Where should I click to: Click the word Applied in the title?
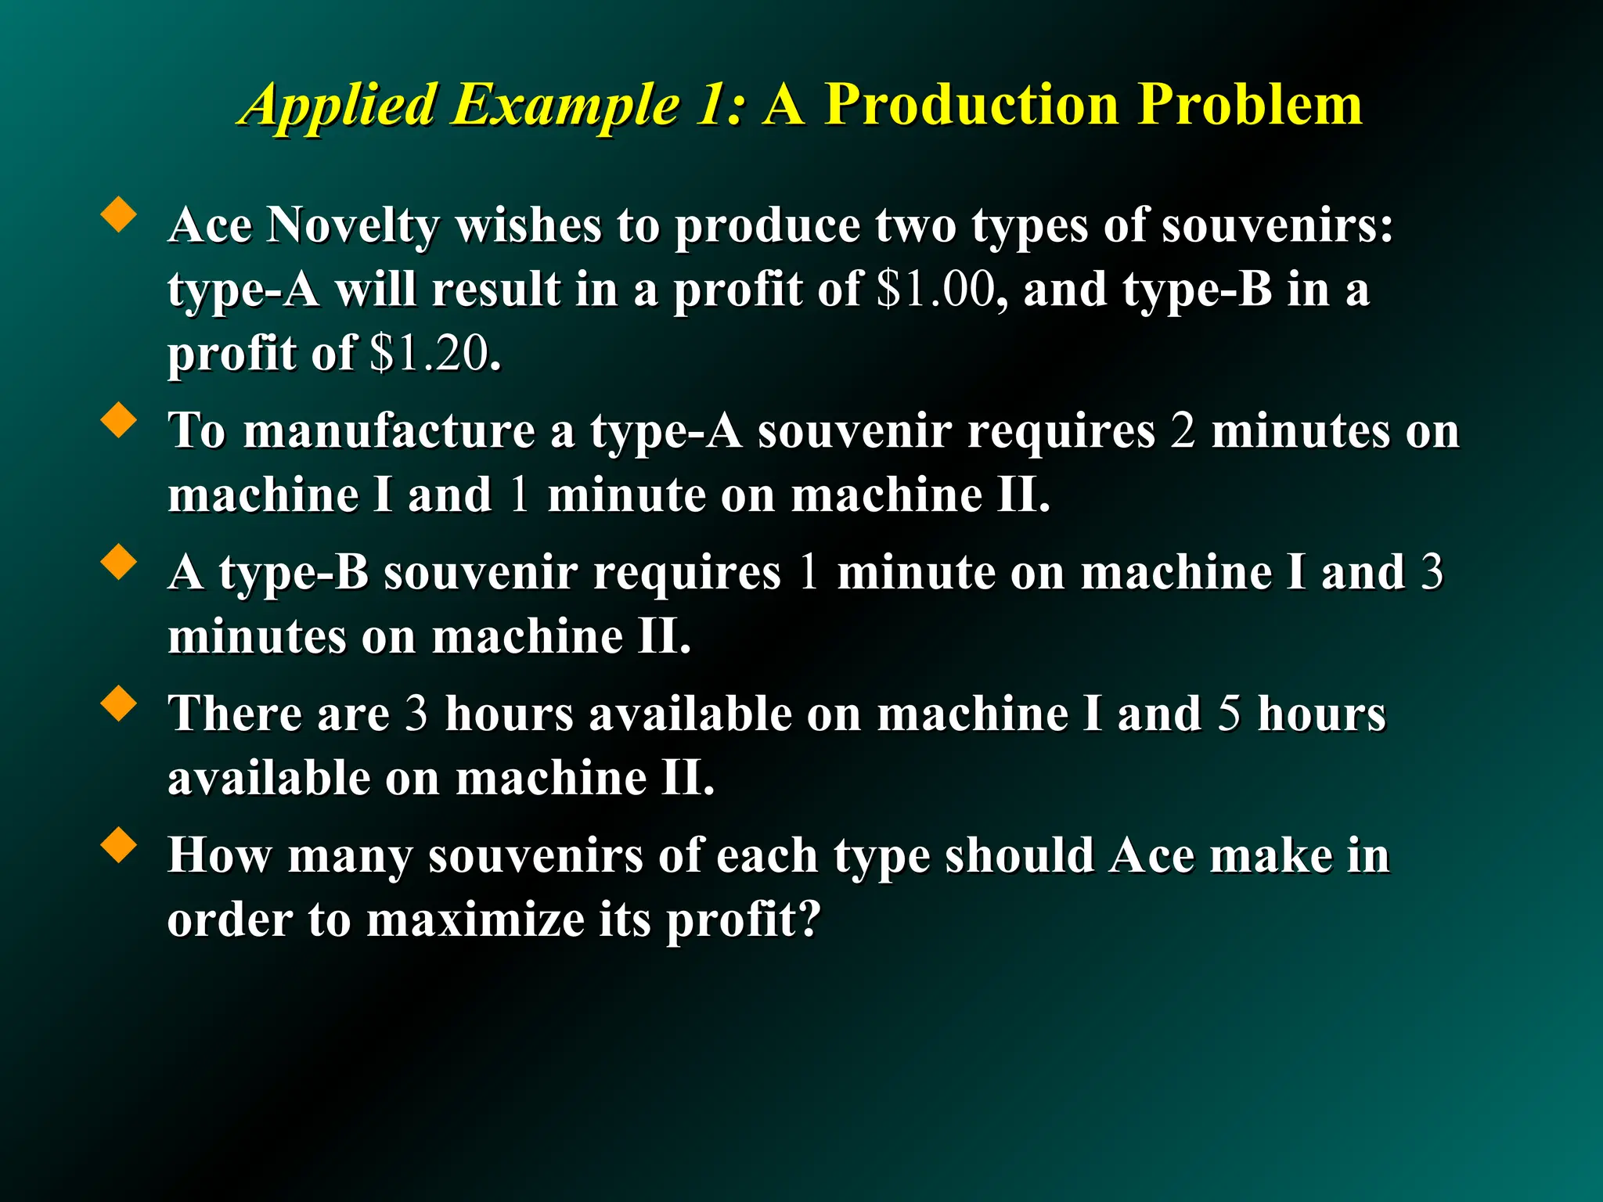point(339,106)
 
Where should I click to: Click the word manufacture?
point(389,431)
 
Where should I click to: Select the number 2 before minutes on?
point(1183,431)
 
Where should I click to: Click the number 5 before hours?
point(1229,714)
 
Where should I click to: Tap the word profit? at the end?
point(743,919)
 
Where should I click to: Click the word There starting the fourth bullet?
point(236,714)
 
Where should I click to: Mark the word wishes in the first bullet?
point(528,226)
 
